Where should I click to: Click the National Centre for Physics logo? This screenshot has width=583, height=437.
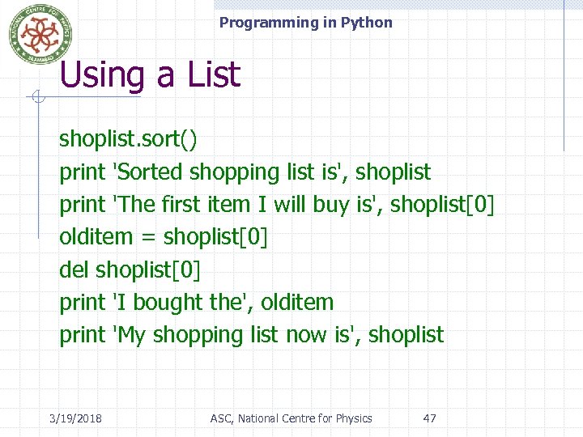(x=40, y=35)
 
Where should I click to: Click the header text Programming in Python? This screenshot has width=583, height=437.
(x=305, y=23)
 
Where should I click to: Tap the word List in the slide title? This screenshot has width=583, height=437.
(x=214, y=75)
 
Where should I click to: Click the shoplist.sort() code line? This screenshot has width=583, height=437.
(x=128, y=139)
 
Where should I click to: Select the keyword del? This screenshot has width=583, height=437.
(x=74, y=269)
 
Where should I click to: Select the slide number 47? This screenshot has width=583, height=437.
(x=430, y=418)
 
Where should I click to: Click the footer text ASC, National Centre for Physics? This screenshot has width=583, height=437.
(x=291, y=418)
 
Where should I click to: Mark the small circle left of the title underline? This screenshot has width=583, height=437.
(x=36, y=98)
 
